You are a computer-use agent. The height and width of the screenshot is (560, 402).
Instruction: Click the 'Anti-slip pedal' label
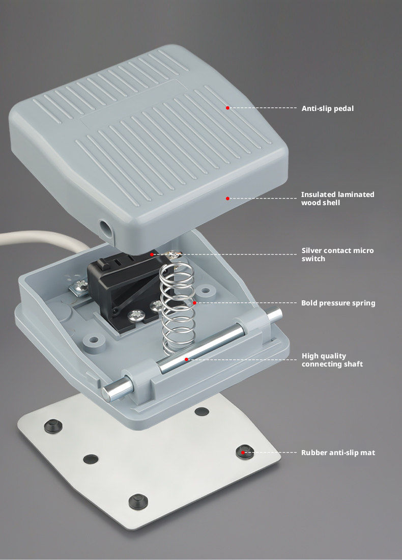[x=327, y=108]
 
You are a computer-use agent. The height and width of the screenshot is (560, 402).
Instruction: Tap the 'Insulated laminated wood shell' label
[x=337, y=199]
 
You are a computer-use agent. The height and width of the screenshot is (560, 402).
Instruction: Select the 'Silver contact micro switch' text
[x=337, y=255]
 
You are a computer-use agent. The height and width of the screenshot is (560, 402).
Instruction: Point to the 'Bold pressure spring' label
[x=338, y=303]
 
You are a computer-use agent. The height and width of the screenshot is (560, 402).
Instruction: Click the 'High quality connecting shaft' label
[x=332, y=360]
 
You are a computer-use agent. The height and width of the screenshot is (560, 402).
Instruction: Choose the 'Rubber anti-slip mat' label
[x=338, y=453]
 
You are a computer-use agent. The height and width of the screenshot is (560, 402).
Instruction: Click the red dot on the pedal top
[x=227, y=107]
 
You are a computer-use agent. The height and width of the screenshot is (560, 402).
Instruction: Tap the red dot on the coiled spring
[x=194, y=303]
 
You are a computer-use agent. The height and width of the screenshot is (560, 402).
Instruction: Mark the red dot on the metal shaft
[x=186, y=359]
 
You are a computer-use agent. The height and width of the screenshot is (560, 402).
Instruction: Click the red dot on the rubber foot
[x=243, y=453]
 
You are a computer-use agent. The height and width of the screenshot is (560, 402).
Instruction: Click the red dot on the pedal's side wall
[x=227, y=198]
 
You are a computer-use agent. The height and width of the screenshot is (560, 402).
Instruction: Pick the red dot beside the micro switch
[x=152, y=254]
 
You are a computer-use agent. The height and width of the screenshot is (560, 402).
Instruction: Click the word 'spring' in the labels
[x=363, y=303]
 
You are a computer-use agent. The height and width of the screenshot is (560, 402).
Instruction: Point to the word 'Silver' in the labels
[x=311, y=250]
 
